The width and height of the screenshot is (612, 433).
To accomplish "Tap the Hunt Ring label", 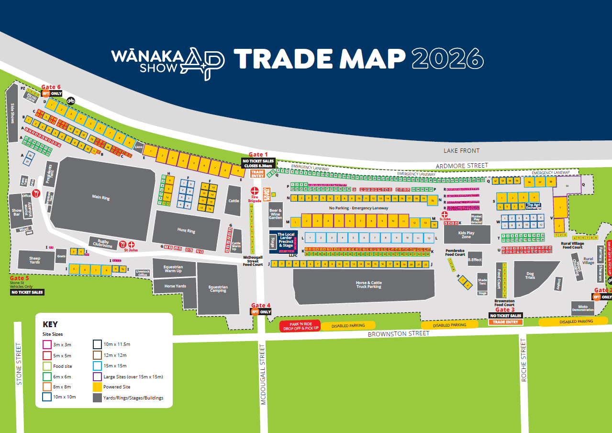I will pyautogui.click(x=186, y=230).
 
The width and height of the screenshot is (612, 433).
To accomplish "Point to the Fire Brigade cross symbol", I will pyautogui.click(x=255, y=190).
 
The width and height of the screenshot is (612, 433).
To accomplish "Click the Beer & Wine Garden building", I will pyautogui.click(x=276, y=214).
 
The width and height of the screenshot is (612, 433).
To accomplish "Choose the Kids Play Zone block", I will pyautogui.click(x=466, y=235).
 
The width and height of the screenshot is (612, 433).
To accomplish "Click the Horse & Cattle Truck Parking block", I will pyautogui.click(x=368, y=285).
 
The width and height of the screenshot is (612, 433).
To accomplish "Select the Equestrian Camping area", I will pyautogui.click(x=218, y=289).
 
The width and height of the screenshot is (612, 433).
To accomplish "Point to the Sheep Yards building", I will pyautogui.click(x=35, y=260).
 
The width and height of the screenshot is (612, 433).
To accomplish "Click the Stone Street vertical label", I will pyautogui.click(x=19, y=364).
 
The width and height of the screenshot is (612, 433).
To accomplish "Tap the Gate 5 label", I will pyautogui.click(x=20, y=278).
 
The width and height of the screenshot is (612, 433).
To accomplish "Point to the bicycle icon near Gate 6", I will pyautogui.click(x=71, y=101).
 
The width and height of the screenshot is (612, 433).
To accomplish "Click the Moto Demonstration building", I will pyautogui.click(x=582, y=308).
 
